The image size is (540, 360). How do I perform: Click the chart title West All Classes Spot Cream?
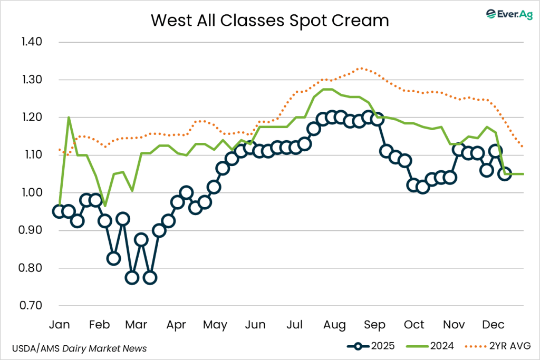click(x=270, y=20)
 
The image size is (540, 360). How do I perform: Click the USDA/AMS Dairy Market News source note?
click(x=79, y=348)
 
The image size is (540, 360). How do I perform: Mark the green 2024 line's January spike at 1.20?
click(x=69, y=118)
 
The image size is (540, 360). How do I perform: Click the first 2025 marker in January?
click(x=59, y=211)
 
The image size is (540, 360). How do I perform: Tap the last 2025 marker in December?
click(x=505, y=174)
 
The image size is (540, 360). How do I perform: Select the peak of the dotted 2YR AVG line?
click(x=361, y=68)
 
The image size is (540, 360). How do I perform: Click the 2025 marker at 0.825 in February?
click(x=113, y=258)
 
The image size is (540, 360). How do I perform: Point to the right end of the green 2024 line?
click(x=523, y=174)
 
